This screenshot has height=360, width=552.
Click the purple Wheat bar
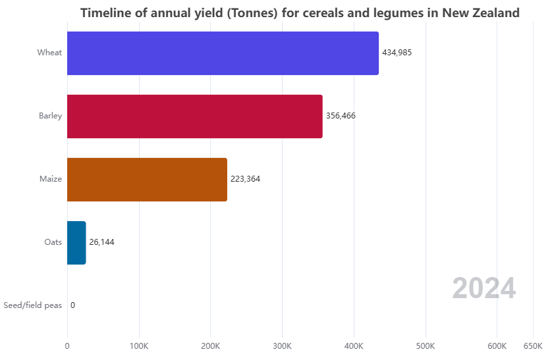pyautogui.click(x=223, y=53)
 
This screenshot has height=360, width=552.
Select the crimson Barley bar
pyautogui.click(x=195, y=116)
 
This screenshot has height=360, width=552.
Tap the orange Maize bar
pyautogui.click(x=147, y=180)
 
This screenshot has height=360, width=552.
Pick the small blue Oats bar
pyautogui.click(x=76, y=243)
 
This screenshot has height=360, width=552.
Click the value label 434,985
pyautogui.click(x=397, y=53)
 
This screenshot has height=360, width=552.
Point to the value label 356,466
pyautogui.click(x=341, y=116)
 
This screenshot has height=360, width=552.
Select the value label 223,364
pyautogui.click(x=245, y=179)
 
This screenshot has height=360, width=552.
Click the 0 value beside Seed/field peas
pyautogui.click(x=72, y=305)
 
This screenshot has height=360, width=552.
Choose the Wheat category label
pyautogui.click(x=49, y=53)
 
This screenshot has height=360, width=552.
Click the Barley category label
pyautogui.click(x=50, y=116)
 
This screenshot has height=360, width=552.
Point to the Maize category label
pyautogui.click(x=50, y=179)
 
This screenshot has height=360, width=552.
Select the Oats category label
pyautogui.click(x=53, y=242)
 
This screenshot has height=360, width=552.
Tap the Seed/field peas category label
pyautogui.click(x=32, y=305)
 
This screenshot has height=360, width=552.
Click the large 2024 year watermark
pyautogui.click(x=483, y=289)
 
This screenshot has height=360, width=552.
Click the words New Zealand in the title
pyautogui.click(x=478, y=13)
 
